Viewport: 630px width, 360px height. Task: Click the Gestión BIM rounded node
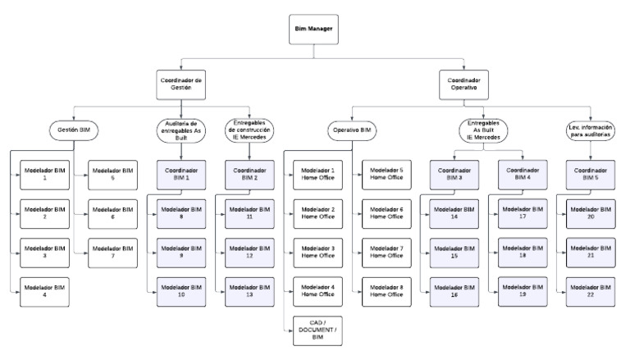[x=75, y=130]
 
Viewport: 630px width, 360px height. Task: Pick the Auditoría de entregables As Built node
[x=179, y=130]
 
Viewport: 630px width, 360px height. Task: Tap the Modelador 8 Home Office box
[x=384, y=291]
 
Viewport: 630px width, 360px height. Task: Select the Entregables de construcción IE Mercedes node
[x=247, y=130]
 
